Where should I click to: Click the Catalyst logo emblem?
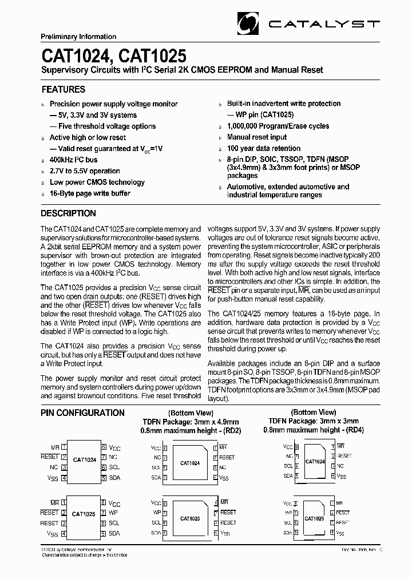tap(249, 23)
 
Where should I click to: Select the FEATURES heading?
tap(64, 89)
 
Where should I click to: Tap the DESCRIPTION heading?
tap(69, 213)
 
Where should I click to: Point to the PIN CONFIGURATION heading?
tap(83, 413)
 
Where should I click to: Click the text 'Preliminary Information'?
tap(78, 37)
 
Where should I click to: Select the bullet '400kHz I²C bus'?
tap(73, 160)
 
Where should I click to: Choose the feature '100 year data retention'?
tap(264, 148)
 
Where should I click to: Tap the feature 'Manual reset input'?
tap(257, 137)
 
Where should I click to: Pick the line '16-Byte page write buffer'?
tap(90, 193)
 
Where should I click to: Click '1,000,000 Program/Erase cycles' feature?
tap(278, 126)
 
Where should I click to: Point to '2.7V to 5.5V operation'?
tap(85, 171)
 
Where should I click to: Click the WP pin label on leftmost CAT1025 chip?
tap(113, 513)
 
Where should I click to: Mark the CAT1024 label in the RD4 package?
tap(315, 461)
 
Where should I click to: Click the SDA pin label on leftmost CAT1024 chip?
tap(114, 477)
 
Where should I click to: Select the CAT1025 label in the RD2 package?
tap(190, 519)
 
